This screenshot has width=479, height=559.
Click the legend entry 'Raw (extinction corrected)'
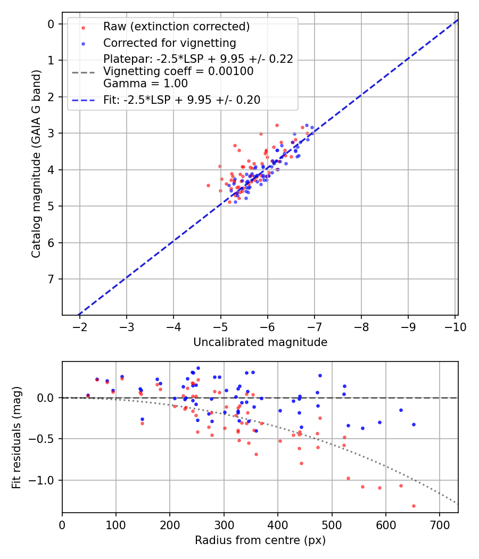click(x=176, y=27)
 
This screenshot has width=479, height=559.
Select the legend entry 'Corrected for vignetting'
click(x=169, y=43)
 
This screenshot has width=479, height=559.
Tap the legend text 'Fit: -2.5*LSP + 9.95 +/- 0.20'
click(x=181, y=100)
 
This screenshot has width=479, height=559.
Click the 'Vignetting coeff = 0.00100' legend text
click(x=178, y=71)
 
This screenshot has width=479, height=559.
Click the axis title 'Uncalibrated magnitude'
click(x=260, y=342)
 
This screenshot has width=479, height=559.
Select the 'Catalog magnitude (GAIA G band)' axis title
click(x=36, y=169)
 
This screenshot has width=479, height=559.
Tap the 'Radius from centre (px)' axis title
click(x=260, y=540)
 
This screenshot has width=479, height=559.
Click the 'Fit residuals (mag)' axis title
click(x=17, y=437)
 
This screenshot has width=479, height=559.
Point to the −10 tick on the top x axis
click(x=455, y=326)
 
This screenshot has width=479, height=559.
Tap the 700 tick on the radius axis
click(x=439, y=524)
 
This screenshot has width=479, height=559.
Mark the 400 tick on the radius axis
click(x=277, y=524)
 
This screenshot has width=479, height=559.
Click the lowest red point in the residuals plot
click(x=413, y=506)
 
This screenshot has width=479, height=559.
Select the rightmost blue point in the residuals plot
click(x=413, y=424)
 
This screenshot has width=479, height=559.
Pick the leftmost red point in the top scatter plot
click(x=208, y=185)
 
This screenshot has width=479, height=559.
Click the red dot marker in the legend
click(x=82, y=27)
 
